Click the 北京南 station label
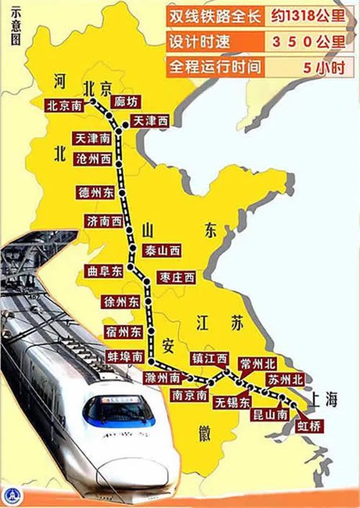pos(63,105)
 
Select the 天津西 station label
pos(150,122)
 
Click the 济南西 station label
pos(103,221)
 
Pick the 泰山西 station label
pos(163,250)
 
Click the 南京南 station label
pos(189,394)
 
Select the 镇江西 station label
pos(210,358)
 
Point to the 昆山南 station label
pos(271,414)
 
